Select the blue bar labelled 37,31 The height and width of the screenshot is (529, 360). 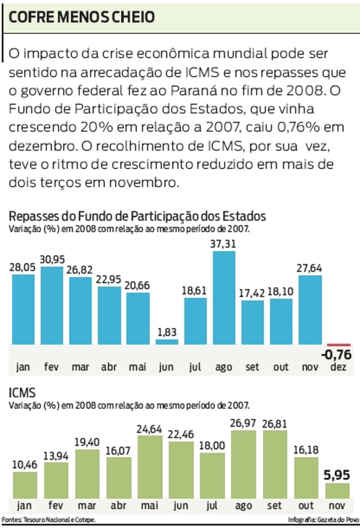(x=224, y=298)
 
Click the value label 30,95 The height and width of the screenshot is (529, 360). (x=52, y=259)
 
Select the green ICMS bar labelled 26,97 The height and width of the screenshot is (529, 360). (x=244, y=463)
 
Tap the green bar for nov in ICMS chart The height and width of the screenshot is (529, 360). (x=337, y=490)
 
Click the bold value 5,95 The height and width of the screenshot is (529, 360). (x=338, y=474)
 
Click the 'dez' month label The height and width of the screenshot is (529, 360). (x=338, y=367)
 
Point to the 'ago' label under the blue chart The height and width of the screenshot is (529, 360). (x=224, y=367)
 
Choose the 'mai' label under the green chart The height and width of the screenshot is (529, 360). (x=151, y=506)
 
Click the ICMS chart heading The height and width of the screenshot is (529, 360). (x=22, y=393)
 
